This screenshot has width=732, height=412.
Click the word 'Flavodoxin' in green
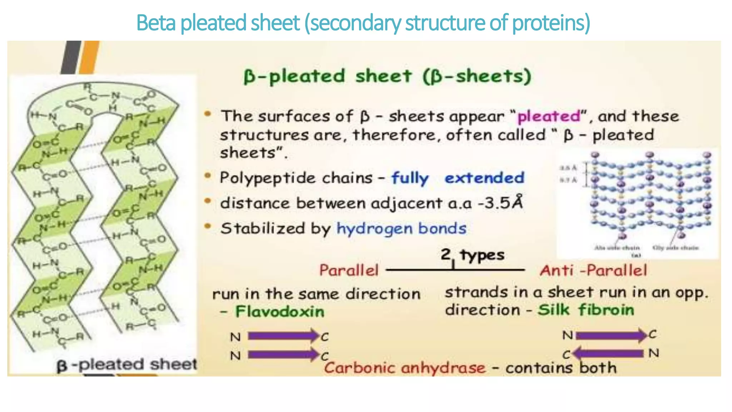click(x=280, y=312)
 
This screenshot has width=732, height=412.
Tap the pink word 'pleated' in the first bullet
click(x=549, y=117)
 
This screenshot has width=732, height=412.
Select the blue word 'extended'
click(x=484, y=178)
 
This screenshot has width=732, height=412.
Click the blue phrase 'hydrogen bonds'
click(x=401, y=229)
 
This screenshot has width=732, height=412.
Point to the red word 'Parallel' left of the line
click(x=348, y=270)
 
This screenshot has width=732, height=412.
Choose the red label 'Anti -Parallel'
click(x=593, y=270)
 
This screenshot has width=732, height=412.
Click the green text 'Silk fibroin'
click(x=586, y=310)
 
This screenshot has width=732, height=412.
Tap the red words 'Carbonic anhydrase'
click(x=405, y=368)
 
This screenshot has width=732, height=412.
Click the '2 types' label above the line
click(x=472, y=255)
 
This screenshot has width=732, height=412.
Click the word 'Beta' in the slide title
click(x=156, y=23)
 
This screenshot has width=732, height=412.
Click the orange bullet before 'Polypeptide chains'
click(x=208, y=176)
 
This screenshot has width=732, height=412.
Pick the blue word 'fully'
click(x=410, y=178)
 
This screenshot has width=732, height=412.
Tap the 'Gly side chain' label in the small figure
click(x=675, y=247)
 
